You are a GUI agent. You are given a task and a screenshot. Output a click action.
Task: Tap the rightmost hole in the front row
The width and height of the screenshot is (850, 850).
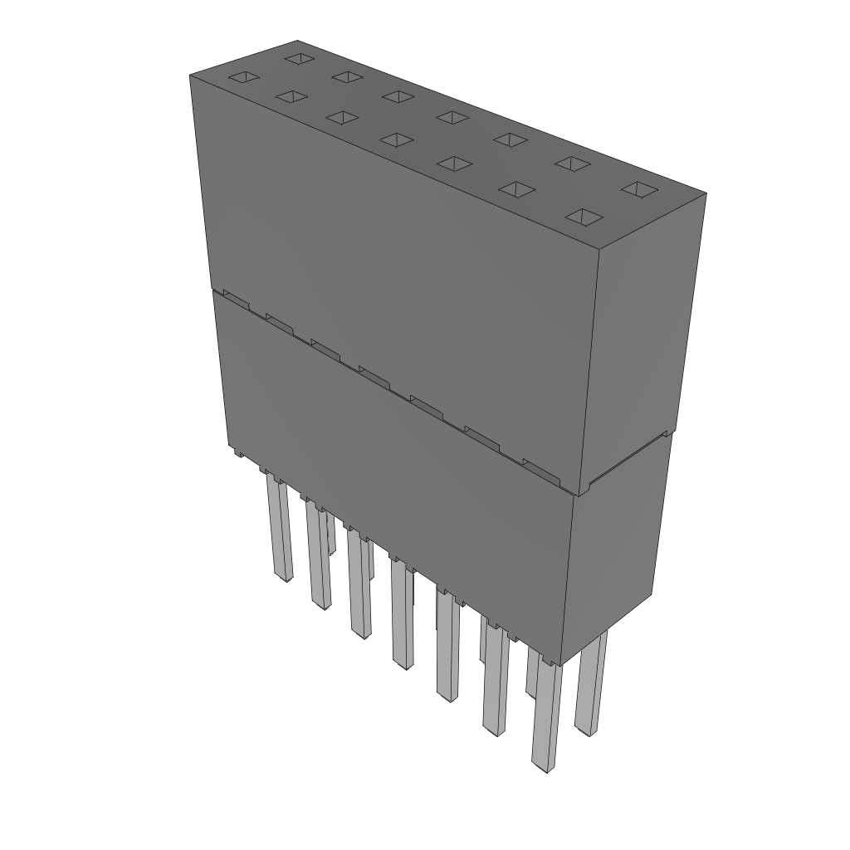click(x=585, y=217)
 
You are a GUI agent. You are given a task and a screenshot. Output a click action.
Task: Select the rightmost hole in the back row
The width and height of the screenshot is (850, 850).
click(x=637, y=190)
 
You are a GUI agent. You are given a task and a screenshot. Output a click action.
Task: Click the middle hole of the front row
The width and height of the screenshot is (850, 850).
click(x=397, y=139)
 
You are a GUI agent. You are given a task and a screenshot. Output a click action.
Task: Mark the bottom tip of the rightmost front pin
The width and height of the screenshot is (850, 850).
click(x=544, y=767)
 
